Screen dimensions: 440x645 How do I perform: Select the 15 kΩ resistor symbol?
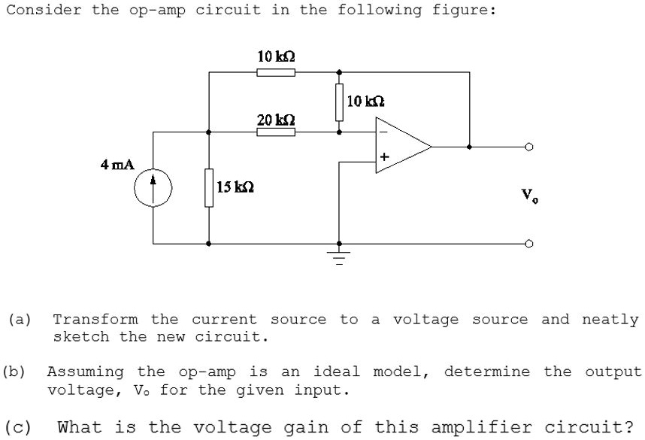click(x=208, y=187)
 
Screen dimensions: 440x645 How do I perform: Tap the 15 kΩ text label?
click(x=235, y=187)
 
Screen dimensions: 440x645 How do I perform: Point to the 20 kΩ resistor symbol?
click(x=275, y=132)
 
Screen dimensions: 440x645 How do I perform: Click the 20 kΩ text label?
click(x=275, y=120)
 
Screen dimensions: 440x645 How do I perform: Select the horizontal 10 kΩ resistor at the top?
click(x=275, y=72)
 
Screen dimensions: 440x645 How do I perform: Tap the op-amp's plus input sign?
click(x=384, y=157)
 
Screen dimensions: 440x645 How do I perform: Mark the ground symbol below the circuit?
click(x=339, y=258)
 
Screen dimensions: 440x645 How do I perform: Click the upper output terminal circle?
click(x=529, y=147)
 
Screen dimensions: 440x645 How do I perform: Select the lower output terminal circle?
click(x=529, y=244)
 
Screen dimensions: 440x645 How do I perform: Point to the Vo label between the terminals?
click(x=530, y=196)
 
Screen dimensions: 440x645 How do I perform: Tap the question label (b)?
click(x=14, y=372)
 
